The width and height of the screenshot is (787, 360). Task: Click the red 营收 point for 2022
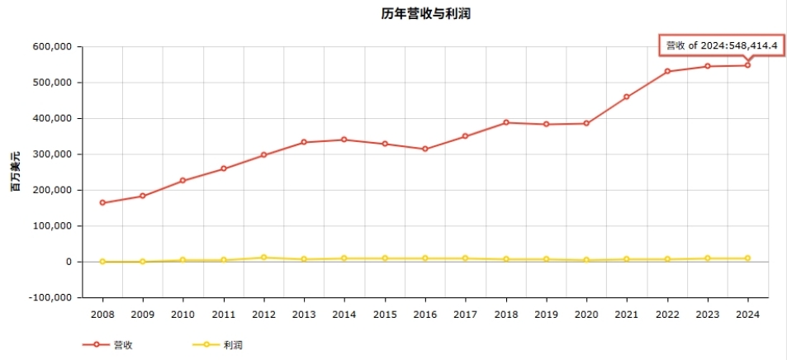point(666,72)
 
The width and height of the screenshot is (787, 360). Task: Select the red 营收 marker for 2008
point(102,202)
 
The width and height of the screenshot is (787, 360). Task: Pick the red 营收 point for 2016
point(425,149)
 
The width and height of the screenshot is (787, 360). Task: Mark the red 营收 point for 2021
point(627,97)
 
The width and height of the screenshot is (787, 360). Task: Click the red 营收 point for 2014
point(344,140)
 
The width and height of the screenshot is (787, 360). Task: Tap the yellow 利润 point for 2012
point(263,258)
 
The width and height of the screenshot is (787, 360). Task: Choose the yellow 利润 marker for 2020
point(586,260)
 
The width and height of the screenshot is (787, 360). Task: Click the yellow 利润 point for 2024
point(747,258)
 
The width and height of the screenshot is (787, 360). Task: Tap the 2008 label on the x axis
point(102,314)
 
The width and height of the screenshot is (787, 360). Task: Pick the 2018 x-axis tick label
point(505,314)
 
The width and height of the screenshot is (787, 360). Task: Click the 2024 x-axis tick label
point(747,314)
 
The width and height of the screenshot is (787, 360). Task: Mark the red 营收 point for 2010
point(183,181)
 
